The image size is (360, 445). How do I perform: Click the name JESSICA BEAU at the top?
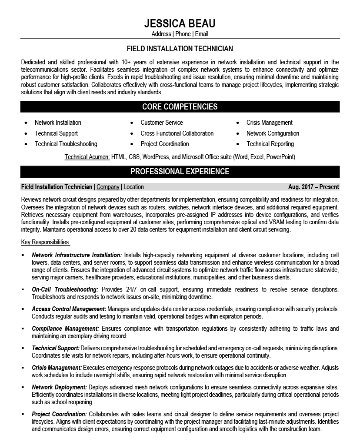(x=180, y=23)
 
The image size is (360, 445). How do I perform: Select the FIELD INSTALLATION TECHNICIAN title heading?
(x=180, y=49)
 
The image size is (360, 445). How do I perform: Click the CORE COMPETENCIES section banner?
(x=180, y=106)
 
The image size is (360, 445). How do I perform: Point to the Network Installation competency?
(x=58, y=123)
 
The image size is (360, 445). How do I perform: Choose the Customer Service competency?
(x=162, y=123)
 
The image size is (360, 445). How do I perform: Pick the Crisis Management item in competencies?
(x=269, y=123)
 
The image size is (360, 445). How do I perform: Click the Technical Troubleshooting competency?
(x=66, y=144)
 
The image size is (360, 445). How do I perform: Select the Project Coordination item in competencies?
(x=165, y=144)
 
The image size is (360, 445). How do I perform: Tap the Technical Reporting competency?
(x=270, y=144)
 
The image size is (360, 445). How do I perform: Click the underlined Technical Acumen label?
(x=87, y=156)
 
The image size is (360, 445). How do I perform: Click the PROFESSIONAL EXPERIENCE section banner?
(x=180, y=172)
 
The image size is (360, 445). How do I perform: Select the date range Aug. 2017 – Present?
(x=313, y=187)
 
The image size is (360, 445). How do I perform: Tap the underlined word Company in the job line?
(x=108, y=187)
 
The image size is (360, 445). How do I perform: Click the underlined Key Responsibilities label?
(x=46, y=242)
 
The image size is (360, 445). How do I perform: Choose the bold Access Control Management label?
(x=69, y=309)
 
